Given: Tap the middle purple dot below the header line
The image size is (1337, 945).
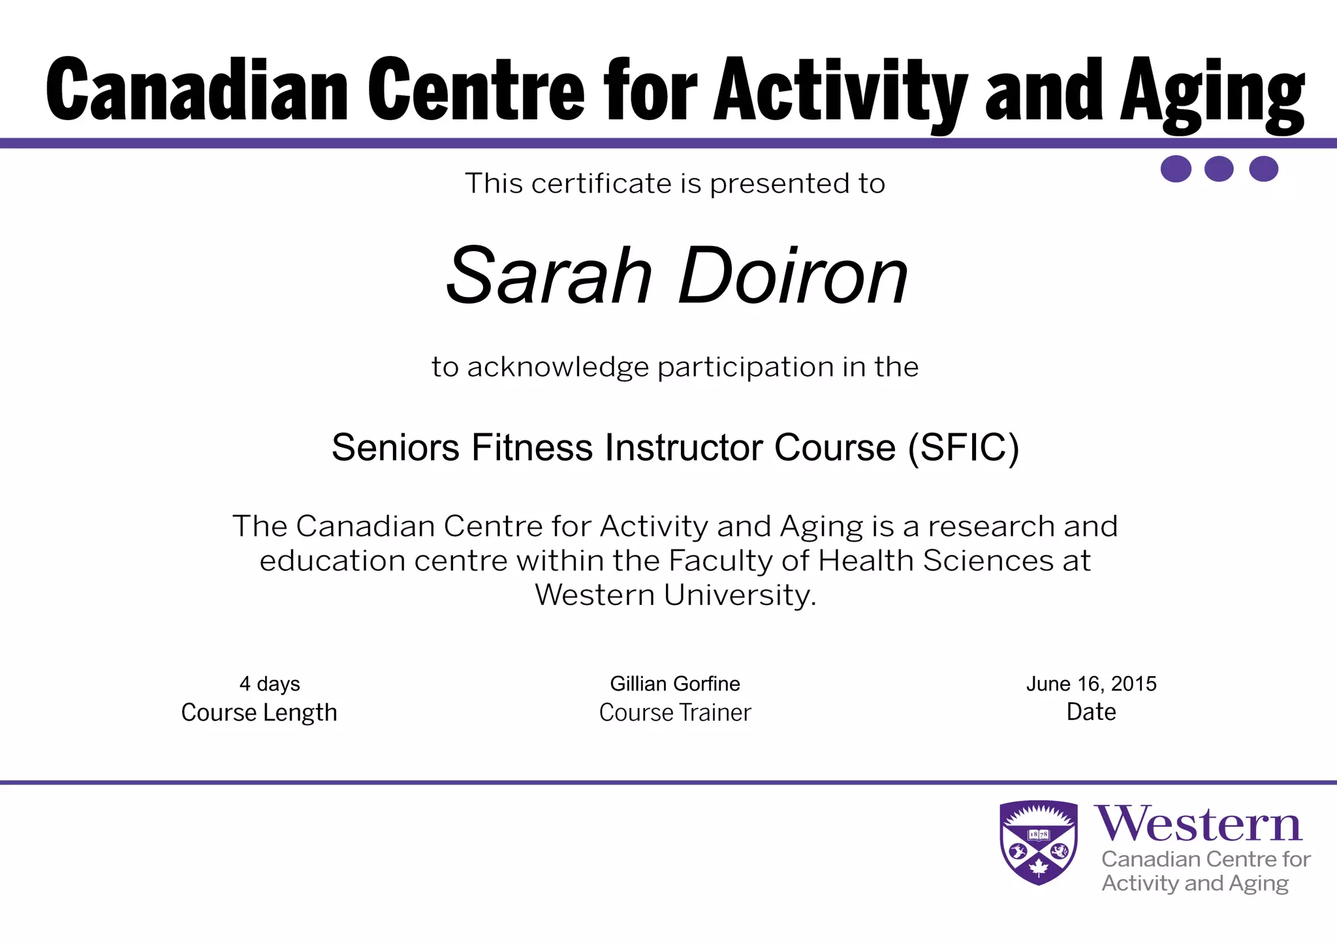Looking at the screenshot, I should pos(1218,169).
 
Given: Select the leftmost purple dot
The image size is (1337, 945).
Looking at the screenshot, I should pos(1176,169).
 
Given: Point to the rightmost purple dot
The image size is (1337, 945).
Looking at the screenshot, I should pos(1263,169).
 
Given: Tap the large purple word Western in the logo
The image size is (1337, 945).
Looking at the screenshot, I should pos(1199,824).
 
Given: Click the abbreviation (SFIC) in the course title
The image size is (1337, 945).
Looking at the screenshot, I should pos(963,448).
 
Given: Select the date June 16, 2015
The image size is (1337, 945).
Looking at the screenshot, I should pos(1091,683).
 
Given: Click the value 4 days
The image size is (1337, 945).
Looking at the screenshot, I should pos(270,683).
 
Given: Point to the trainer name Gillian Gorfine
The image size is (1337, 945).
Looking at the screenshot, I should pos(675,683).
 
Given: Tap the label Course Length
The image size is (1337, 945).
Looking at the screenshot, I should pos(259,712).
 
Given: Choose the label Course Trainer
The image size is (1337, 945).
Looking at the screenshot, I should pos(675,712).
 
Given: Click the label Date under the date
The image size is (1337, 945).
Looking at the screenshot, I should pos(1091,711).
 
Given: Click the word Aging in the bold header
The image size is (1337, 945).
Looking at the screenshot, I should pos(1213,91).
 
